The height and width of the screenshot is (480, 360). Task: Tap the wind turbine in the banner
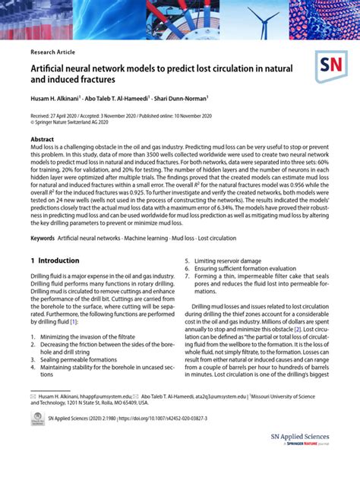266,19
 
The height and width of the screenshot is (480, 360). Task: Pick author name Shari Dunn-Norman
181,99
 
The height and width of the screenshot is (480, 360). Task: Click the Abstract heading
42,140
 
